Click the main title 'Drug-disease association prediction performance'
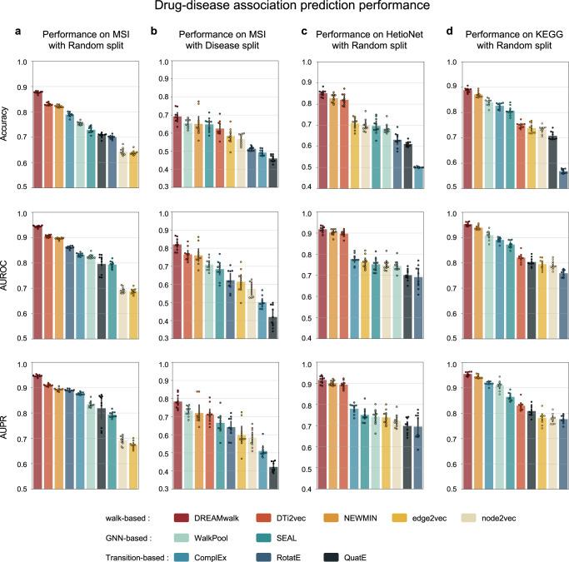[285, 7]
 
